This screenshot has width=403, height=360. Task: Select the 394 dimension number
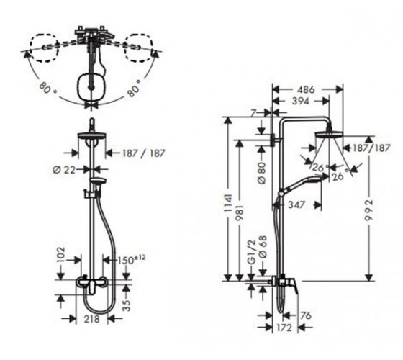pyautogui.click(x=301, y=102)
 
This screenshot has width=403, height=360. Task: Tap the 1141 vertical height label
pyautogui.click(x=228, y=203)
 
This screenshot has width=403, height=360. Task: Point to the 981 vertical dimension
pyautogui.click(x=239, y=213)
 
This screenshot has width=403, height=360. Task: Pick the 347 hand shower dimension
pyautogui.click(x=296, y=204)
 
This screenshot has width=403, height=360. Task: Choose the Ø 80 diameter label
pyautogui.click(x=262, y=173)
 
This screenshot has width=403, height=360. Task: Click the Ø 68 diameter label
pyautogui.click(x=263, y=247)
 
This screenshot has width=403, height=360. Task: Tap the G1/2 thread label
pyautogui.click(x=252, y=252)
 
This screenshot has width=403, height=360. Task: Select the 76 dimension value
pyautogui.click(x=305, y=315)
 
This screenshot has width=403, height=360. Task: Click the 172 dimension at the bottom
pyautogui.click(x=285, y=328)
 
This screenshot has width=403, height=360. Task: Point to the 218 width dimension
pyautogui.click(x=92, y=319)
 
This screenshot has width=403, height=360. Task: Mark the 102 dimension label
pyautogui.click(x=60, y=255)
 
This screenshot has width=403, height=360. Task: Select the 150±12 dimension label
pyautogui.click(x=131, y=259)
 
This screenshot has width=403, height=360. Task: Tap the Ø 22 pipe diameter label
pyautogui.click(x=64, y=170)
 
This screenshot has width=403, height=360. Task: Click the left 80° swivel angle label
pyautogui.click(x=47, y=88)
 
